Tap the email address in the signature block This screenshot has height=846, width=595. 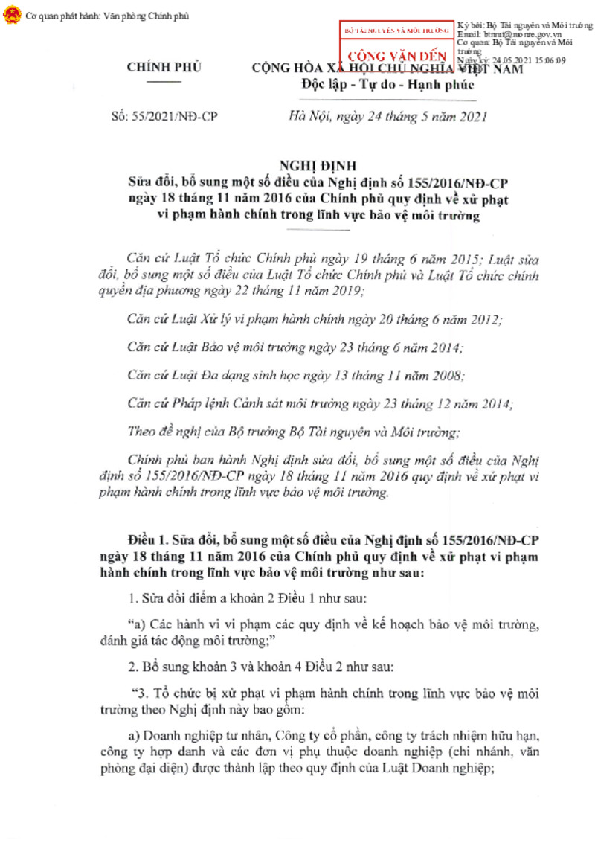[x=521, y=35]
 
